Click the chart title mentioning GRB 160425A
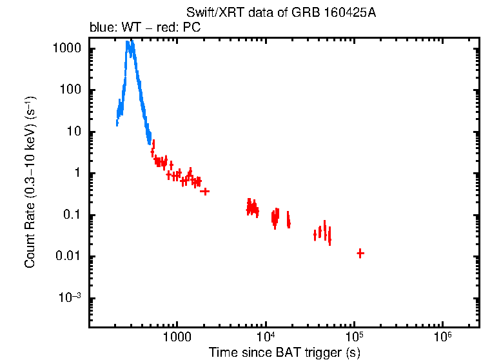[x=280, y=12]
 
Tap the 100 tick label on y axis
[x=72, y=90]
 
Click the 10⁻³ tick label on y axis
[x=70, y=297]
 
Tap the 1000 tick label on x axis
[x=176, y=338]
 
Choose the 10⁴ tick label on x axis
[x=265, y=338]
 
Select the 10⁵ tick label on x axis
[x=354, y=338]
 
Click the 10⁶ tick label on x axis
[x=443, y=338]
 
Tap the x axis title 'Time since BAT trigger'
[x=284, y=353]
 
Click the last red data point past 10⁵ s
[x=360, y=254]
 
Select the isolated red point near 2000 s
[x=204, y=191]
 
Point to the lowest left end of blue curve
[x=117, y=124]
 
